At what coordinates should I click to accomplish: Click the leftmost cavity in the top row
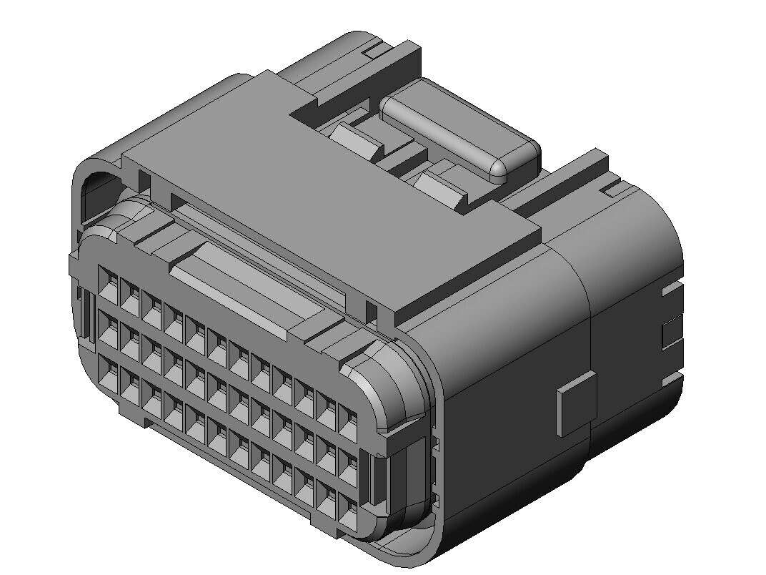[x=108, y=280]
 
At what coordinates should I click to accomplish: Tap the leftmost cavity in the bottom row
[x=109, y=373]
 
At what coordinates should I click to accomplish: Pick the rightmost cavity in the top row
[x=348, y=424]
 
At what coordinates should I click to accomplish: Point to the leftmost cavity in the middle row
[x=108, y=327]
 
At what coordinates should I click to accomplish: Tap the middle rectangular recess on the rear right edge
[x=672, y=333]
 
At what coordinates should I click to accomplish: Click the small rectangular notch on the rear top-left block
[x=372, y=51]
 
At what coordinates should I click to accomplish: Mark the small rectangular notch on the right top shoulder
[x=612, y=190]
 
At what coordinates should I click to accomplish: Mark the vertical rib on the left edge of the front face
[x=84, y=315]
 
